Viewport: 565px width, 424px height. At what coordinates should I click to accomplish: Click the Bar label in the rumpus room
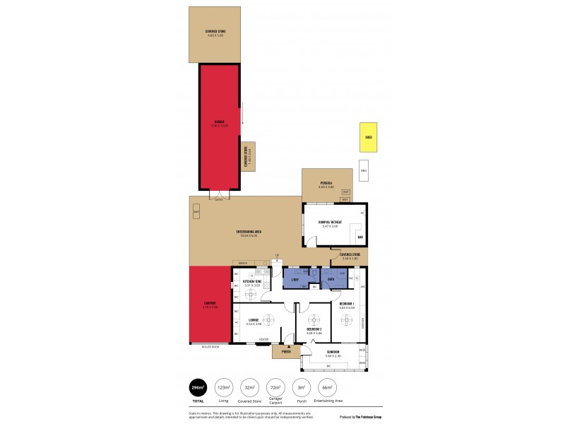click(359, 237)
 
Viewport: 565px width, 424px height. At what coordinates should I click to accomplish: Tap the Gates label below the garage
click(219, 199)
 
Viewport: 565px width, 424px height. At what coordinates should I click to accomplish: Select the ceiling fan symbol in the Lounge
click(268, 318)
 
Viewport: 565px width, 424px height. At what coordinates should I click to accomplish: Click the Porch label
click(286, 351)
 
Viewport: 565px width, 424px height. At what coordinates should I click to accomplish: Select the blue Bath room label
click(331, 278)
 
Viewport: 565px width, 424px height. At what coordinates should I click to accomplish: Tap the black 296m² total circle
click(198, 387)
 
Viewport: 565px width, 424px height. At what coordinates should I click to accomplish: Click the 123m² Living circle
click(224, 387)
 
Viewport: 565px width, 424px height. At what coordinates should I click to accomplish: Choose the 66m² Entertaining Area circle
click(327, 387)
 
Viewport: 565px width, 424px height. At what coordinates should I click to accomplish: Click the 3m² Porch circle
click(302, 387)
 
